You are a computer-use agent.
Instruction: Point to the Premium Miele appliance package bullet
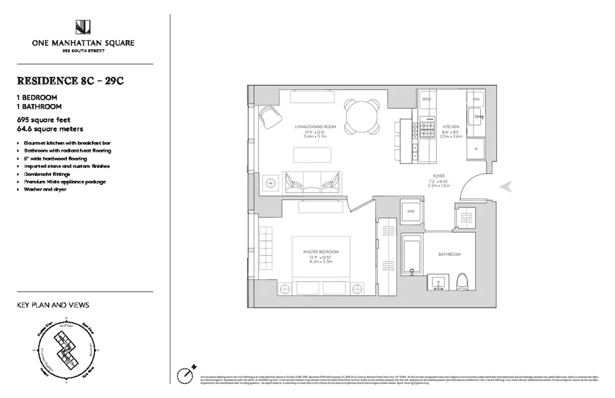[65, 181]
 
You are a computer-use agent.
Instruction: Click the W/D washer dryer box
[410, 212]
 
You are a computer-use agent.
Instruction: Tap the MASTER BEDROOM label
[320, 252]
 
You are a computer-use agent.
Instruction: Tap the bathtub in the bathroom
[411, 257]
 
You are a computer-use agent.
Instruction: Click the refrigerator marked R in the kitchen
[477, 149]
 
